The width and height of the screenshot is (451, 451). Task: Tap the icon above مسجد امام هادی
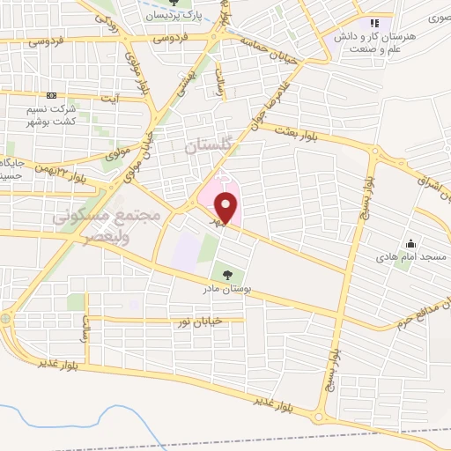[x=410, y=243]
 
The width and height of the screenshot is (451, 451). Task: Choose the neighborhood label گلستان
[x=207, y=146]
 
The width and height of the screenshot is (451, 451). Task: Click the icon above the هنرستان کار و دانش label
[x=374, y=22]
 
